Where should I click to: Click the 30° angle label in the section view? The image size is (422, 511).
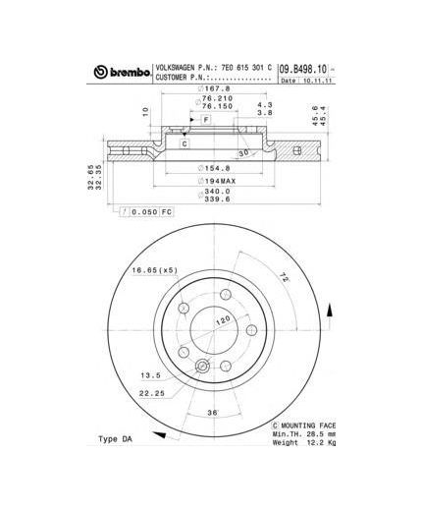pos(241,153)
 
